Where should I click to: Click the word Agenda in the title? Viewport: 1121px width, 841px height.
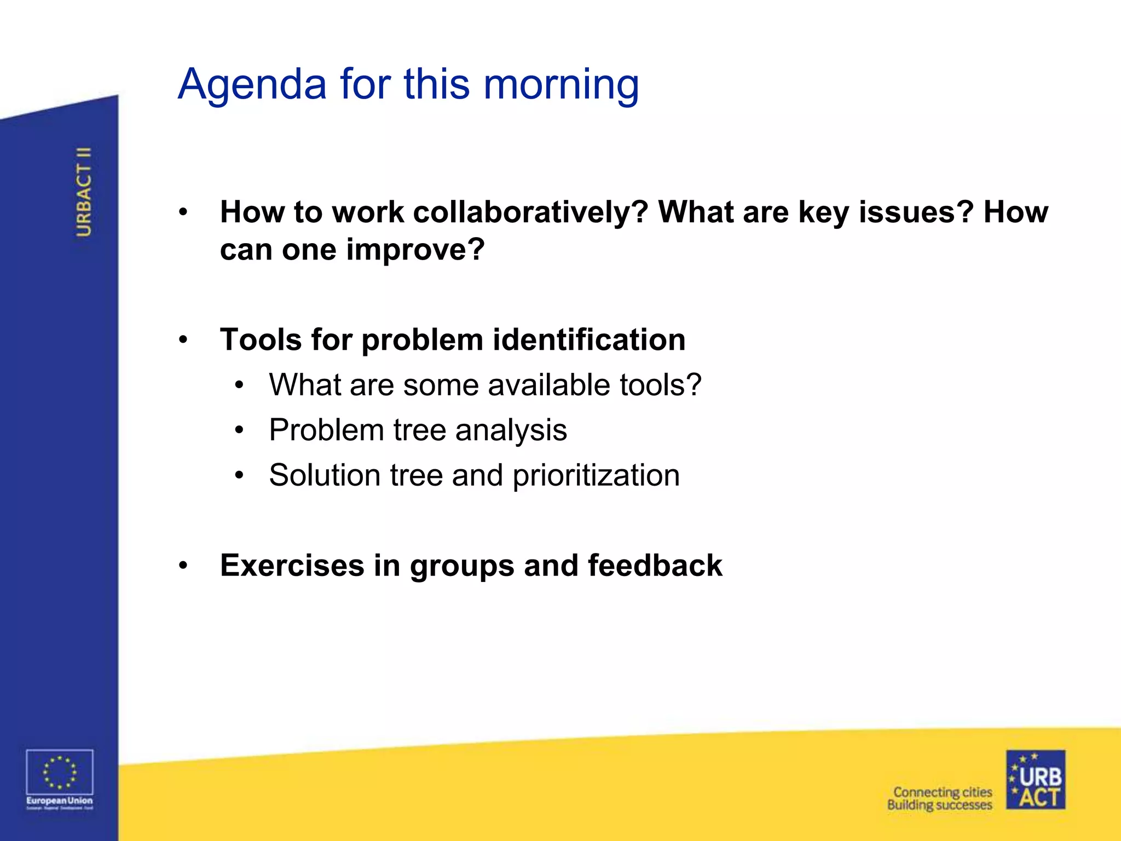point(252,85)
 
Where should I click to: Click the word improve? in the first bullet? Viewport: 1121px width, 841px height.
point(415,249)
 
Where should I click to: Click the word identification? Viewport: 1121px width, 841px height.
point(589,339)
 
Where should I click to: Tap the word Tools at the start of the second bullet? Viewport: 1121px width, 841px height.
point(261,339)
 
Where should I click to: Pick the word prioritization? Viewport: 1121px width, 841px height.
point(596,475)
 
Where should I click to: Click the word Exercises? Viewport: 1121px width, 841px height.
point(292,566)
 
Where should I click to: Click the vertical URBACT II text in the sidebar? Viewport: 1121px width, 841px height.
point(84,192)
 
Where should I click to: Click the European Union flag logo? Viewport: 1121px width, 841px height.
point(60,773)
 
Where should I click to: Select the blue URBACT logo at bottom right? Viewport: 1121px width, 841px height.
point(1035,780)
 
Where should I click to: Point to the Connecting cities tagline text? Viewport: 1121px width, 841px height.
point(942,792)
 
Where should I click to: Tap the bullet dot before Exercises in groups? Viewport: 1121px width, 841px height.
point(183,566)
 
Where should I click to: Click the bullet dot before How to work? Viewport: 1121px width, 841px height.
point(183,212)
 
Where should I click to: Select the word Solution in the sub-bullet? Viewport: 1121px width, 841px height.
point(325,475)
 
